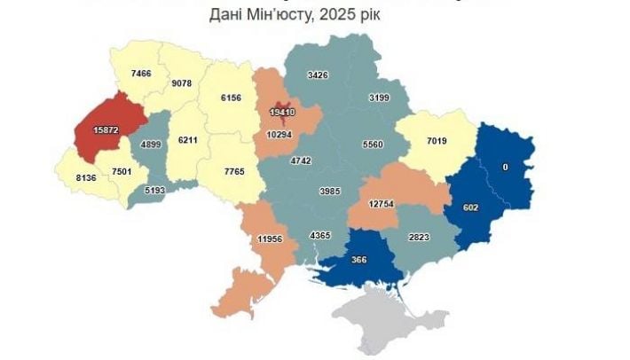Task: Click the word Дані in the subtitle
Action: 227,15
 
